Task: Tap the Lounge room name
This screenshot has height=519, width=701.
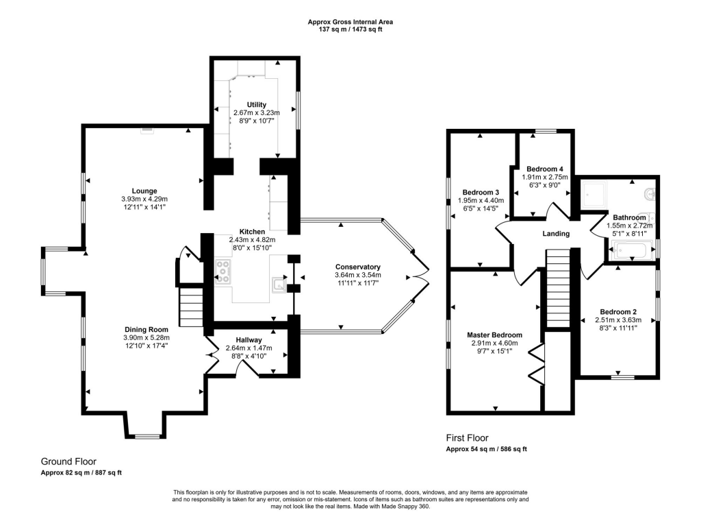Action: click(x=144, y=191)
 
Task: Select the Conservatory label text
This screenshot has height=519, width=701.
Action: click(x=357, y=267)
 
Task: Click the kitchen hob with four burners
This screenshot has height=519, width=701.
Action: click(x=223, y=271)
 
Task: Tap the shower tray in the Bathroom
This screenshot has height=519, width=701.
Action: click(x=596, y=195)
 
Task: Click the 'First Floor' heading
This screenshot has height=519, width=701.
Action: click(x=467, y=438)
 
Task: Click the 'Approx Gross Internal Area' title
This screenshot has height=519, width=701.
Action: click(x=350, y=22)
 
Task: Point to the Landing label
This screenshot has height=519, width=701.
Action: click(x=556, y=234)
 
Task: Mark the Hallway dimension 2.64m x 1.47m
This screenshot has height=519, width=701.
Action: click(x=249, y=348)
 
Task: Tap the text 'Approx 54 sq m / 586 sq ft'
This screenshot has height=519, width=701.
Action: click(x=486, y=449)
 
